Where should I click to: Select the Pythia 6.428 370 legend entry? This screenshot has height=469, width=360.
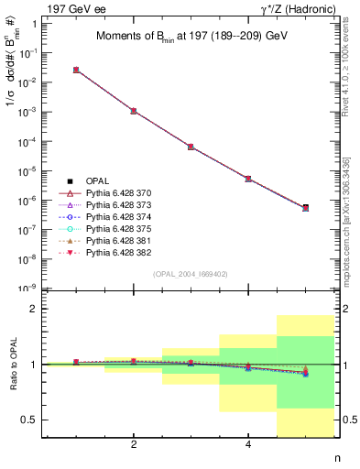point(115,194)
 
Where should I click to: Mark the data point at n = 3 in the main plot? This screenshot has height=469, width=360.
point(191,147)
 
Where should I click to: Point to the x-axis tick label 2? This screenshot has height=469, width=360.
point(134,445)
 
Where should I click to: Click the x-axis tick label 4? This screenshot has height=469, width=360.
point(248,445)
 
